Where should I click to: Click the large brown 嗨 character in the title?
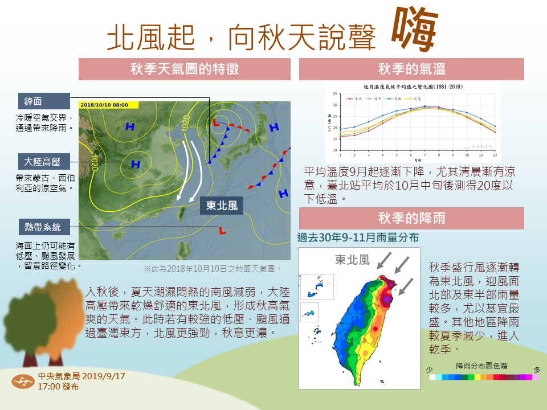tap(415, 30)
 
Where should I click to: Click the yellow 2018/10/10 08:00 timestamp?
tap(108, 105)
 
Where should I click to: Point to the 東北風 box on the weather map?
tap(222, 206)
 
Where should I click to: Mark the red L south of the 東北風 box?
tap(222, 231)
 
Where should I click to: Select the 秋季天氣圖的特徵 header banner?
tap(185, 69)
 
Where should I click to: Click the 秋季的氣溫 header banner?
tap(411, 69)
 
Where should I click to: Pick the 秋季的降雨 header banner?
tap(411, 218)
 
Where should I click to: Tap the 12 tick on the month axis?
tap(495, 155)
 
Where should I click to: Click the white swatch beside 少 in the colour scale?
tap(433, 377)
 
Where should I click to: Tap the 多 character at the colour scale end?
tap(536, 370)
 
